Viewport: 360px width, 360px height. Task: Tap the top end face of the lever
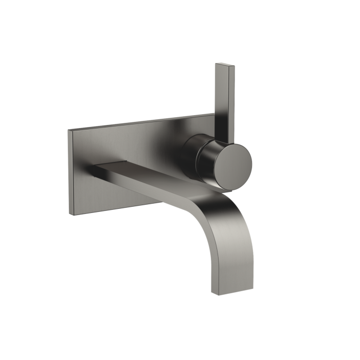pyautogui.click(x=224, y=65)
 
